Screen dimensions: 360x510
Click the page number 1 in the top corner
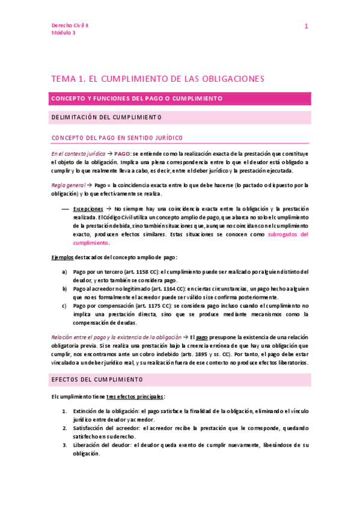tap(306, 26)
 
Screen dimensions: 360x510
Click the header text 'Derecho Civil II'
tap(70, 26)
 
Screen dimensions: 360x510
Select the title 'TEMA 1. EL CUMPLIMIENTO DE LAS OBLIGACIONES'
tap(157, 79)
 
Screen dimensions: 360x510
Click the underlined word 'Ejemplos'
tap(63, 257)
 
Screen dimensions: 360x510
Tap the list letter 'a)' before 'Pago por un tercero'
tap(65, 272)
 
